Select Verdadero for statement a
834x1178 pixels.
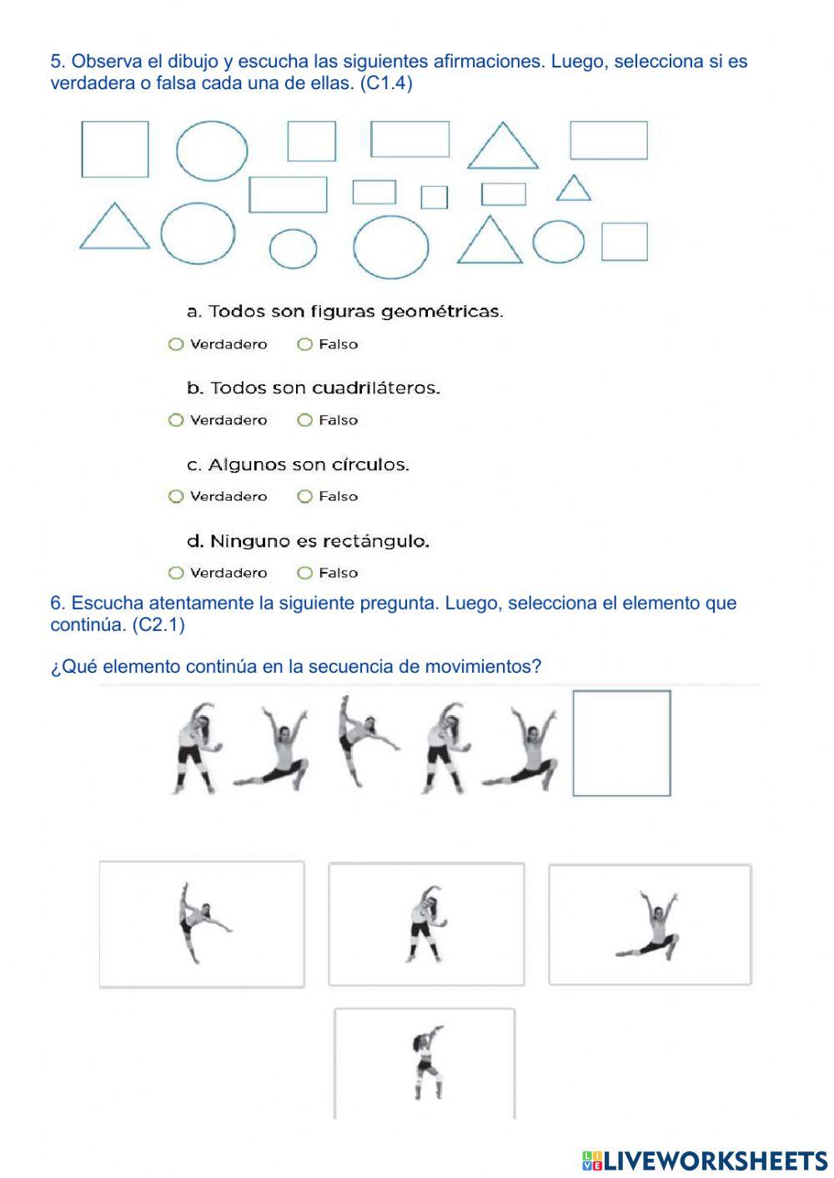click(176, 344)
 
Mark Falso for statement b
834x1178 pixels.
click(304, 420)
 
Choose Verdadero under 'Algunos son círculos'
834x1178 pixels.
click(176, 497)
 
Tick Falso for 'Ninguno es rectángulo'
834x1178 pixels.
click(304, 573)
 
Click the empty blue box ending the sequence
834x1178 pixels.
click(621, 743)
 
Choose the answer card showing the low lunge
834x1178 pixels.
click(650, 924)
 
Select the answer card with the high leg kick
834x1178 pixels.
click(202, 924)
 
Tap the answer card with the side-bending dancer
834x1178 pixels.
click(426, 924)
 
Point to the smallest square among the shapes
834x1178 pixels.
click(434, 198)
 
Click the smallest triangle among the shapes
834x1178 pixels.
click(574, 188)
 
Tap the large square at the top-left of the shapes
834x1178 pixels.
click(115, 149)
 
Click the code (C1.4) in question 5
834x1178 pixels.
click(386, 83)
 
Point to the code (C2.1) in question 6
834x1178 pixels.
click(158, 624)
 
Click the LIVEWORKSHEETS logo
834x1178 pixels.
click(704, 1160)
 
